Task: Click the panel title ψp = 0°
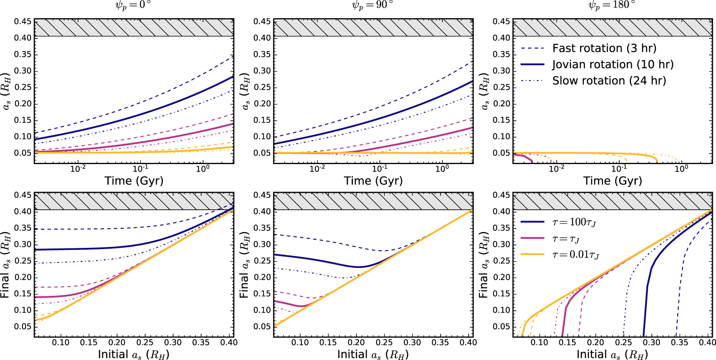[x=134, y=5]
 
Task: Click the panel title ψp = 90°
[x=373, y=5]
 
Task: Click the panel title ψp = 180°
[x=612, y=5]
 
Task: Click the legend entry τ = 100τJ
[x=574, y=222]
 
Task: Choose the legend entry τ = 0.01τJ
[x=576, y=255]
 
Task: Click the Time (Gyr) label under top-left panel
[x=134, y=181]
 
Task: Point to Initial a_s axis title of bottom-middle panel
[x=373, y=354]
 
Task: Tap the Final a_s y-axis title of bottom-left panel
[x=5, y=264]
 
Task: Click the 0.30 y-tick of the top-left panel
[x=22, y=71]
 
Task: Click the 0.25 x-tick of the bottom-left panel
[x=145, y=342]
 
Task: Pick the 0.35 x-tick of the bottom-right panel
[x=679, y=342]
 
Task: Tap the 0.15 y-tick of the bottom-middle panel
[x=262, y=294]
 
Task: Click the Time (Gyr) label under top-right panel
[x=612, y=181]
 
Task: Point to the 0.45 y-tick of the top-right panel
[x=501, y=21]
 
